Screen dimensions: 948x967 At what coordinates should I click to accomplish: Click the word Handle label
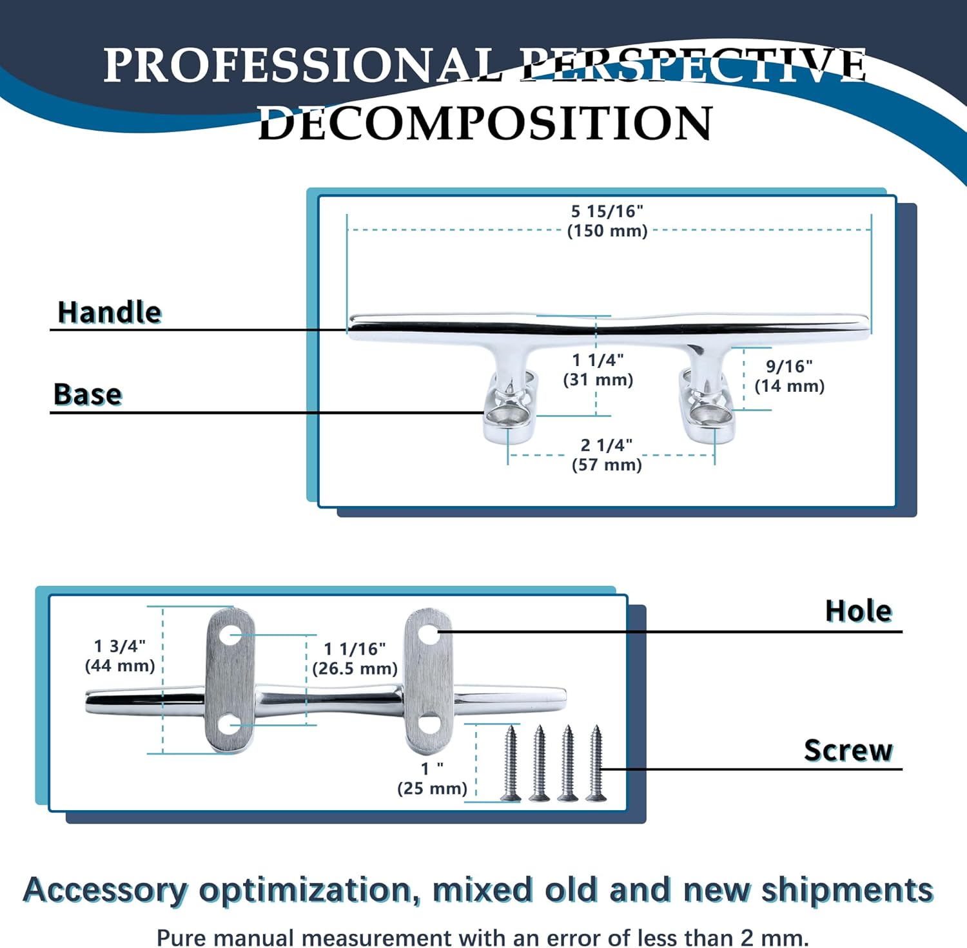tap(110, 313)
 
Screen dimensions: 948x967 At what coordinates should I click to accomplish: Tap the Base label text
tap(88, 394)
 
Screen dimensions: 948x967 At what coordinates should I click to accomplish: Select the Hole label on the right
tap(858, 611)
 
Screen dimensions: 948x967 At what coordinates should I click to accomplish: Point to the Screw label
tap(848, 750)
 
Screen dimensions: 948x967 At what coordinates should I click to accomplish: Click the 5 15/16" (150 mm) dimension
tap(607, 221)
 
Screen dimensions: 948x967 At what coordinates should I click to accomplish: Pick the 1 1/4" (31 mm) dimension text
tap(598, 370)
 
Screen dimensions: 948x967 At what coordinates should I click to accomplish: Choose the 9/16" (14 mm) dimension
tap(789, 376)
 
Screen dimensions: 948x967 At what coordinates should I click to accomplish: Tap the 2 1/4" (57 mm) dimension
tap(607, 455)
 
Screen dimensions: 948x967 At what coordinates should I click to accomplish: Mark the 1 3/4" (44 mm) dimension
tap(120, 656)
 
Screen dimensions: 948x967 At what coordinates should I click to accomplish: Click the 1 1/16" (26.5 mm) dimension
tap(355, 659)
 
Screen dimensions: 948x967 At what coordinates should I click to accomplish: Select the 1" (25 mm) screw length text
tap(432, 779)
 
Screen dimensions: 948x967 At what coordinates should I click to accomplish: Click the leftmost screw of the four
tap(511, 763)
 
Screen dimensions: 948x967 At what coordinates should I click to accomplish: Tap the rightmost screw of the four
tap(596, 763)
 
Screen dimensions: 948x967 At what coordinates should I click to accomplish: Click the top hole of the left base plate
tap(229, 636)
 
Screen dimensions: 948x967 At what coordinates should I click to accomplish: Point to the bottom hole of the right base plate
tap(428, 724)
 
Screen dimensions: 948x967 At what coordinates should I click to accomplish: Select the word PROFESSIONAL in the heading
tap(303, 65)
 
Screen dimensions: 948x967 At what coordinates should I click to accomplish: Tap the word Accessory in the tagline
tap(104, 891)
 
